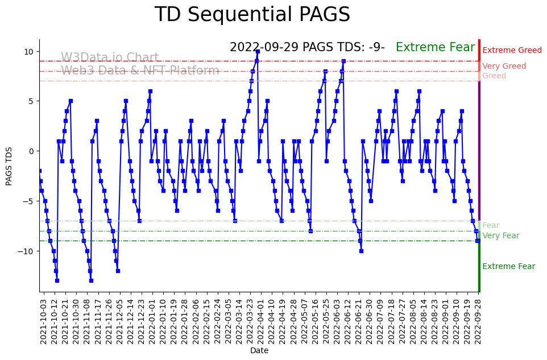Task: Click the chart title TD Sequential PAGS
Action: click(x=252, y=15)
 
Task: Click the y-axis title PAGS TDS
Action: click(x=9, y=165)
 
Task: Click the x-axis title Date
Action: click(x=259, y=350)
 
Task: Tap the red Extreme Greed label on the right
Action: click(x=512, y=51)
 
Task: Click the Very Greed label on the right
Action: click(x=504, y=67)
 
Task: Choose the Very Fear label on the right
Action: click(x=500, y=236)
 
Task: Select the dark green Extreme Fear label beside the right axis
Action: click(x=508, y=267)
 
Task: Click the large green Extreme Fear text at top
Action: click(x=435, y=47)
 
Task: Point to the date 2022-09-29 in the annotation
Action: click(x=264, y=47)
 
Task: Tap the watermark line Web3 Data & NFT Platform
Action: click(x=140, y=71)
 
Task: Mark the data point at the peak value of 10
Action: click(x=258, y=51)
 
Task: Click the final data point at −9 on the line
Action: click(x=478, y=241)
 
